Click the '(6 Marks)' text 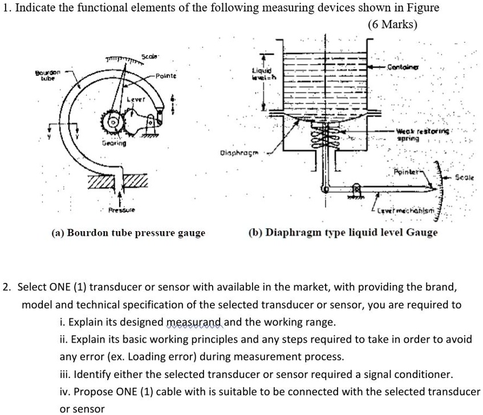(x=393, y=25)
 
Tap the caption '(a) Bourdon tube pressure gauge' (x=128, y=233)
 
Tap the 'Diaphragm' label (x=234, y=153)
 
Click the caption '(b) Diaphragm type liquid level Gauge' (x=343, y=233)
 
